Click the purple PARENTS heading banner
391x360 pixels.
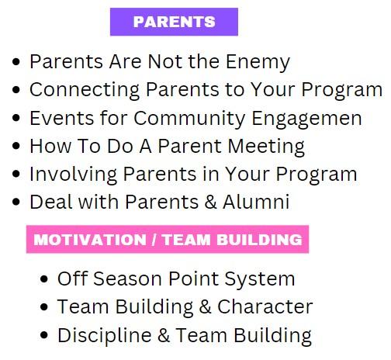pos(174,22)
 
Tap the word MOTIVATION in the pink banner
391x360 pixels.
pos(90,240)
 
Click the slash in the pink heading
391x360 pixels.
pos(154,240)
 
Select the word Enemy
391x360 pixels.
pos(258,62)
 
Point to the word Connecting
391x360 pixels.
pos(85,90)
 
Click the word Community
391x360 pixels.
pos(189,118)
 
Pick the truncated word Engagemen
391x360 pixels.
pos(306,119)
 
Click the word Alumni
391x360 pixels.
pos(256,202)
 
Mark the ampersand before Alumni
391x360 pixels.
pos(210,202)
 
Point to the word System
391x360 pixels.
pos(259,279)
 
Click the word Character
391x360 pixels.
pos(265,306)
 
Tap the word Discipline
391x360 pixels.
pos(105,335)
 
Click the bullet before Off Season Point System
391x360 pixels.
pos(44,279)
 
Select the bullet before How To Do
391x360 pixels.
pos(16,146)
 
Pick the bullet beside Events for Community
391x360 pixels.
pos(16,118)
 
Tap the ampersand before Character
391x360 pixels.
pos(206,307)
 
